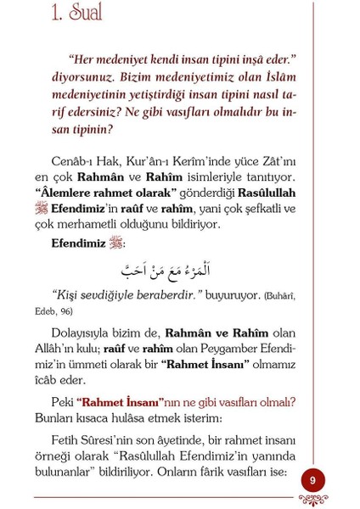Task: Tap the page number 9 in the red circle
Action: (x=312, y=480)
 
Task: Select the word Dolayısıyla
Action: (x=85, y=333)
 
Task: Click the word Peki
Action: (x=62, y=401)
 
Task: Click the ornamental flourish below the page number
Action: (x=312, y=501)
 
